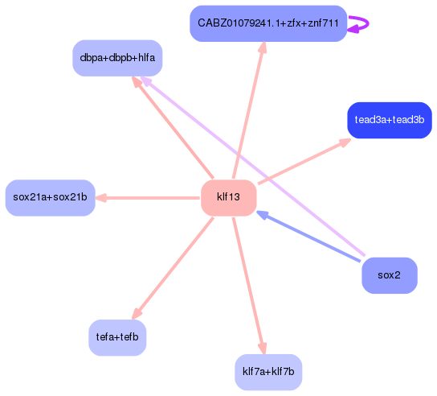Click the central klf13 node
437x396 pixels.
click(x=228, y=198)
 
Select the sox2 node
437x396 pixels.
click(x=389, y=275)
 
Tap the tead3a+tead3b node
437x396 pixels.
click(x=389, y=120)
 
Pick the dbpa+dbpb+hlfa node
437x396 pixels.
click(x=117, y=58)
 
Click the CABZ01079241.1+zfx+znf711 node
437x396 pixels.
click(x=268, y=23)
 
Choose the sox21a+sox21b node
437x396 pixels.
click(x=50, y=198)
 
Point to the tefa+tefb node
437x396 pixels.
click(x=117, y=337)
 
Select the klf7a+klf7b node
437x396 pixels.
click(x=268, y=373)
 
